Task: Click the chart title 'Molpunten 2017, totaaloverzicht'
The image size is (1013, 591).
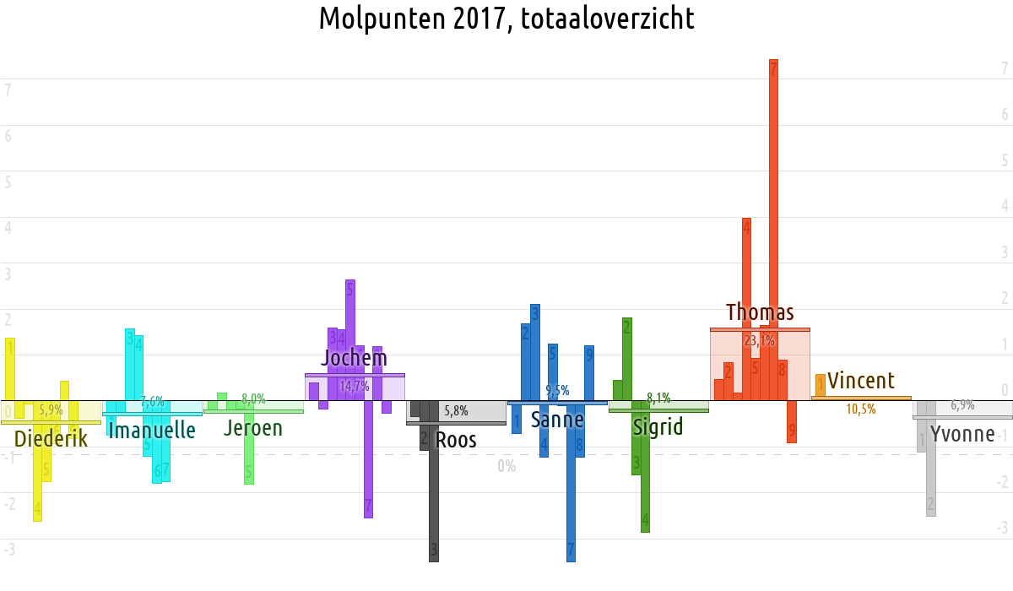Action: (506, 19)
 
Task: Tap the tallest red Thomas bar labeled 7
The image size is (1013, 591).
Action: (773, 228)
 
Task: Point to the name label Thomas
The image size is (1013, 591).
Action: (760, 312)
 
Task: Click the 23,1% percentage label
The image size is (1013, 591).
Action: (760, 341)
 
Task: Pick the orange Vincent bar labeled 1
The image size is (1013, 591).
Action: (820, 385)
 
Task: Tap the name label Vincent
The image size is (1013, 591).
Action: (860, 380)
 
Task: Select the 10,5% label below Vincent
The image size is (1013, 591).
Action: (861, 409)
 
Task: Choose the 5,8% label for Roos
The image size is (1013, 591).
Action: (456, 411)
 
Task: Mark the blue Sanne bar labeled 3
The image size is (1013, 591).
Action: (534, 351)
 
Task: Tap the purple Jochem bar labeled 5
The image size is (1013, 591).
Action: (349, 338)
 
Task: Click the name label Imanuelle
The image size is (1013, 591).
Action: (152, 431)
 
